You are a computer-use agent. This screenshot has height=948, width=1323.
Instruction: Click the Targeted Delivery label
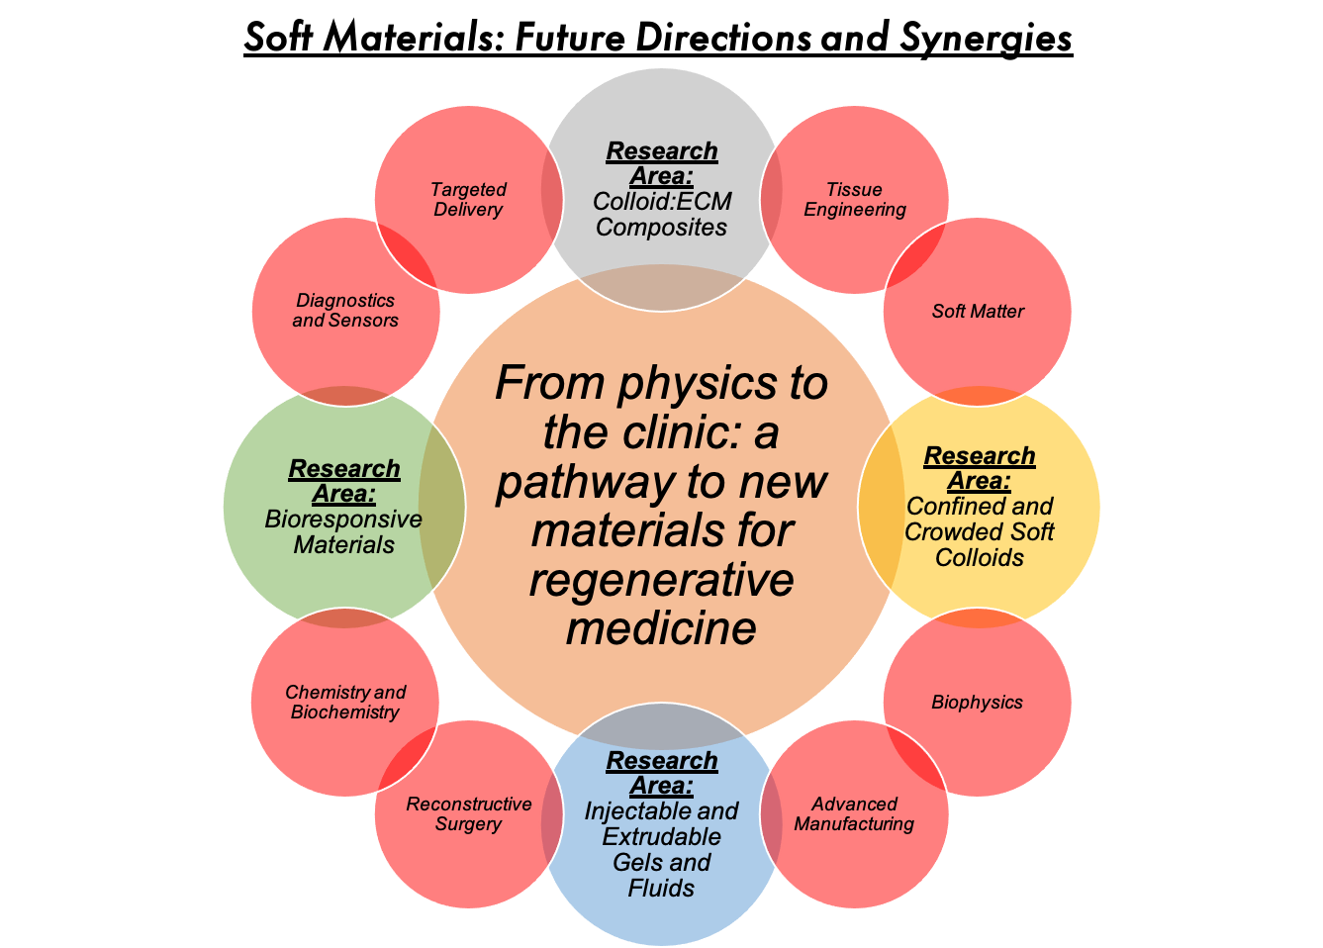coord(469,200)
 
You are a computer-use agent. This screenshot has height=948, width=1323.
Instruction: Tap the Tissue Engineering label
coord(855,200)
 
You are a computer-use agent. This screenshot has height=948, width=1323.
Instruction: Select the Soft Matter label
coord(978,312)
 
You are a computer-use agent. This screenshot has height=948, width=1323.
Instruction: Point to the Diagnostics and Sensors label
coord(345,311)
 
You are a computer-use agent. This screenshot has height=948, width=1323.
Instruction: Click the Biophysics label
coord(978,703)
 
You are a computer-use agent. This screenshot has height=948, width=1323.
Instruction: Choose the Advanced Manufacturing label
coord(855,814)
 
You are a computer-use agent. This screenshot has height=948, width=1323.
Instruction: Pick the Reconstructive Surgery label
coord(469,814)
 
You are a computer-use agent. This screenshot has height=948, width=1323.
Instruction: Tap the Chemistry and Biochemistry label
coord(345,703)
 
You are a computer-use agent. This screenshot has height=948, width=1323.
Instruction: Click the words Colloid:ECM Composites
coord(662,215)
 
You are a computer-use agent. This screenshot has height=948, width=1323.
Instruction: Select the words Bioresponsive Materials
coord(344,532)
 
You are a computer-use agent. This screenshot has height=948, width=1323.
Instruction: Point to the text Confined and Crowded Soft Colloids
coord(980,532)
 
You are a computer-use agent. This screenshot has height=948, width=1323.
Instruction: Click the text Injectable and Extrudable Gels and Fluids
coord(662,850)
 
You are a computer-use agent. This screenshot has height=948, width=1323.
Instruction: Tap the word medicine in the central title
coord(661,628)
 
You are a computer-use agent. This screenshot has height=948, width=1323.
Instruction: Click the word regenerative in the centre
coord(661,580)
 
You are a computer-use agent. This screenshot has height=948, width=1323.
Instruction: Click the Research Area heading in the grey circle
coord(662,163)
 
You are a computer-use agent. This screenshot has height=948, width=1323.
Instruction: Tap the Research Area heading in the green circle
coord(344,481)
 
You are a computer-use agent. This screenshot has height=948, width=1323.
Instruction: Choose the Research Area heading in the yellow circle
coord(980,468)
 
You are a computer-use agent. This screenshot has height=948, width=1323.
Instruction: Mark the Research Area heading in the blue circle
coord(662,773)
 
